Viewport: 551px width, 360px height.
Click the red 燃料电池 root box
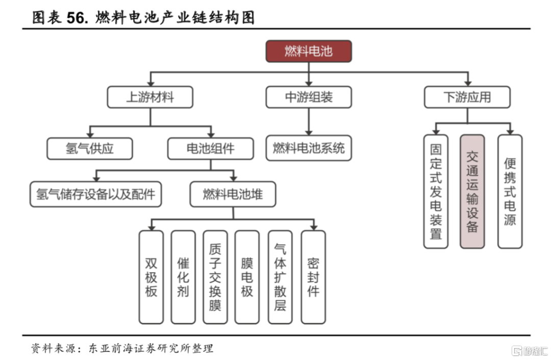click(x=308, y=51)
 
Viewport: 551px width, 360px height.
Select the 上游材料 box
click(x=150, y=97)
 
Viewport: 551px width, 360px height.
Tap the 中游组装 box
click(x=308, y=97)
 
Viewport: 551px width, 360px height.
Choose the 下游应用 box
click(x=467, y=97)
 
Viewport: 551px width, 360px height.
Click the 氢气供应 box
click(x=90, y=149)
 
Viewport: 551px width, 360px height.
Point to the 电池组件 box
click(x=210, y=149)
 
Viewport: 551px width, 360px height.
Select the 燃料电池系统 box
click(x=308, y=148)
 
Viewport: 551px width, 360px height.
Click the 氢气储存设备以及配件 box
click(x=95, y=194)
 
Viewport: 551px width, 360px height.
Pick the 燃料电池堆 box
click(x=233, y=194)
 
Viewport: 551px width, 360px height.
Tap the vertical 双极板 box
click(x=151, y=277)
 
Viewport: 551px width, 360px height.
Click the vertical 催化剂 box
click(x=183, y=277)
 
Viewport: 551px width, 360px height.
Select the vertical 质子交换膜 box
click(x=215, y=277)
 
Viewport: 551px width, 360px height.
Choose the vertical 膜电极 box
click(x=247, y=277)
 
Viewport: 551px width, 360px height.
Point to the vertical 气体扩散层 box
click(x=280, y=277)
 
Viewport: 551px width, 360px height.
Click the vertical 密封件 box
click(x=313, y=277)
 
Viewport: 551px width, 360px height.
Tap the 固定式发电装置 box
click(x=436, y=191)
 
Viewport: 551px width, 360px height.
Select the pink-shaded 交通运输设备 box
click(x=472, y=191)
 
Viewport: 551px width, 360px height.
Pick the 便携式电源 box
click(x=510, y=191)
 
